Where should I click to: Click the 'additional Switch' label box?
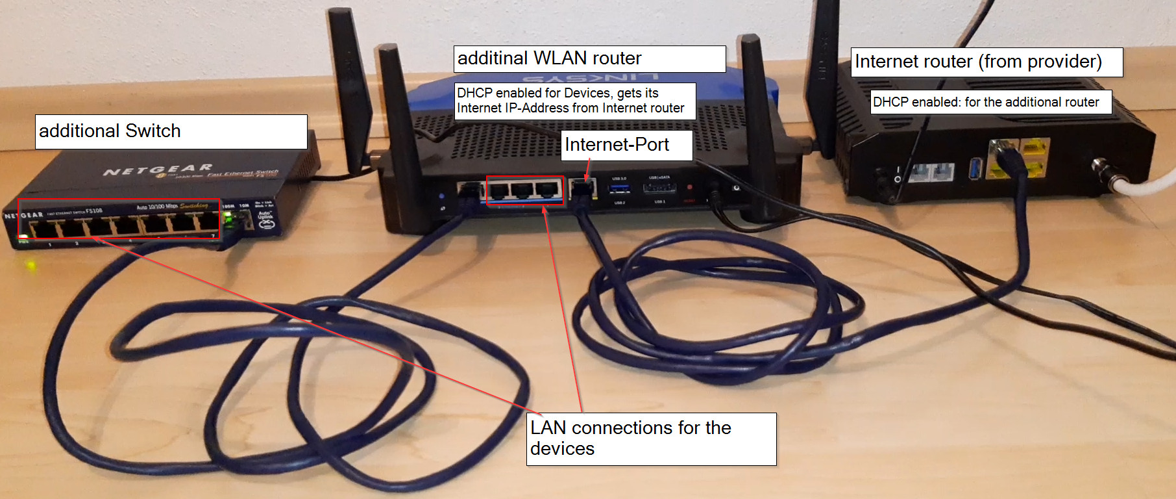(171, 131)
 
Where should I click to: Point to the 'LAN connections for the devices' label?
(651, 439)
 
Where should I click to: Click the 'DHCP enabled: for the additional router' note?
(990, 102)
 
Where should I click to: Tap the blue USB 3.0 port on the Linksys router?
(619, 189)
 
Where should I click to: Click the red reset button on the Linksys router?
(689, 188)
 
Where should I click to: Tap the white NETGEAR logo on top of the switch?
(158, 170)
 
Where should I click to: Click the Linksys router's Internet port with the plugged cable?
(582, 190)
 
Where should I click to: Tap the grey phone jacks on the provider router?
(933, 172)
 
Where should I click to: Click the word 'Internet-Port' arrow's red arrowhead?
(587, 177)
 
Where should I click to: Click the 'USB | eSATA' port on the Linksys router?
(659, 188)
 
